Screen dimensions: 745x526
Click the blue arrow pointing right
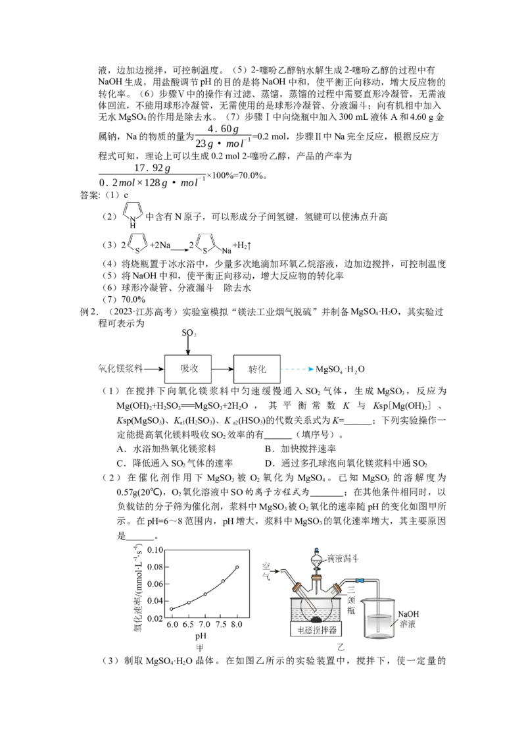(x=299, y=370)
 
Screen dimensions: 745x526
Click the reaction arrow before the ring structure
(x=178, y=250)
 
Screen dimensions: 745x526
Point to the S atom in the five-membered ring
(x=205, y=251)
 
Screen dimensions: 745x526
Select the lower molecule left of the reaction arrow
(x=137, y=245)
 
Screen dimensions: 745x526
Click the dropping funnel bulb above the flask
(x=317, y=562)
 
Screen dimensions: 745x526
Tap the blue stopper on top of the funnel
(x=317, y=550)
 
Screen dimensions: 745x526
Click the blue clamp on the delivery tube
(x=360, y=580)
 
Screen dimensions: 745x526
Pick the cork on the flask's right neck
(x=337, y=587)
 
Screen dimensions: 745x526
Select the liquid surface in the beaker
(x=379, y=616)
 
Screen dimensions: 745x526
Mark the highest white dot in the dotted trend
(x=237, y=567)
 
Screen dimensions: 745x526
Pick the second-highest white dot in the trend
(x=223, y=581)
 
